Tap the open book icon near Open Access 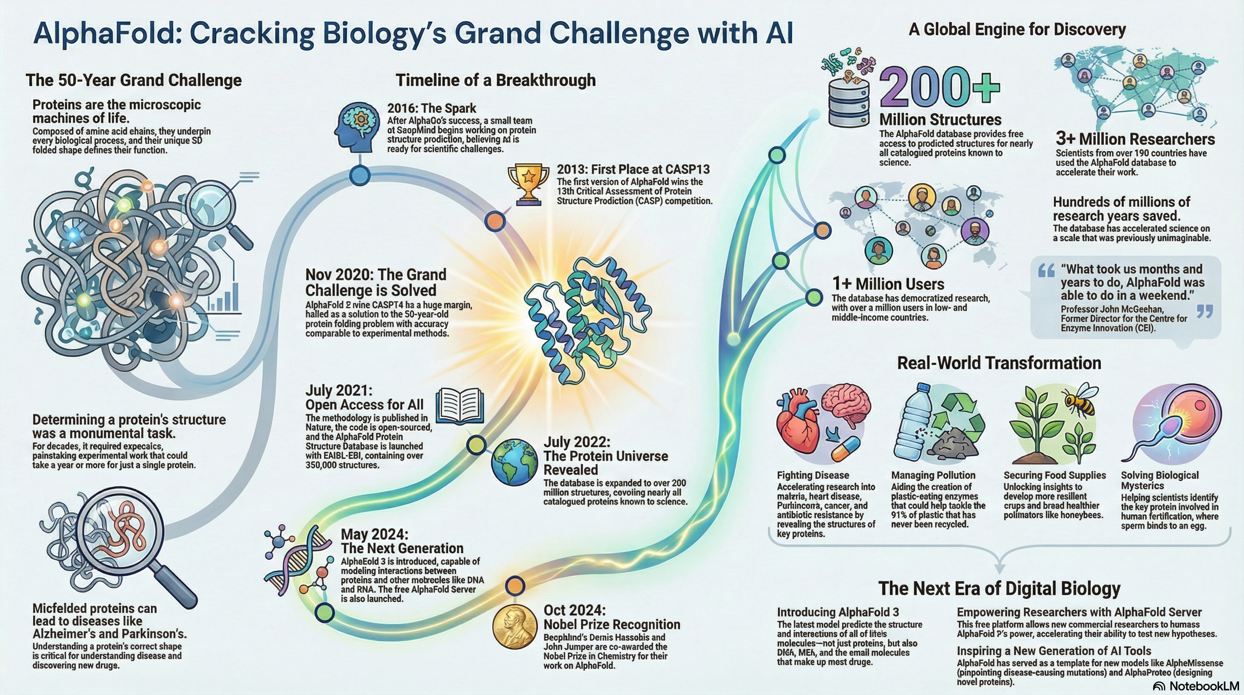tap(459, 406)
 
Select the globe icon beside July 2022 tap(514, 461)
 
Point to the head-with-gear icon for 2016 tap(356, 127)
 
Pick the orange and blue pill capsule tap(846, 449)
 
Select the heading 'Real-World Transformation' tap(999, 363)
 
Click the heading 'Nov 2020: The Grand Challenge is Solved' tap(376, 282)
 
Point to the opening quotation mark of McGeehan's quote tap(1046, 271)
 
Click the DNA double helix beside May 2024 tap(296, 561)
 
